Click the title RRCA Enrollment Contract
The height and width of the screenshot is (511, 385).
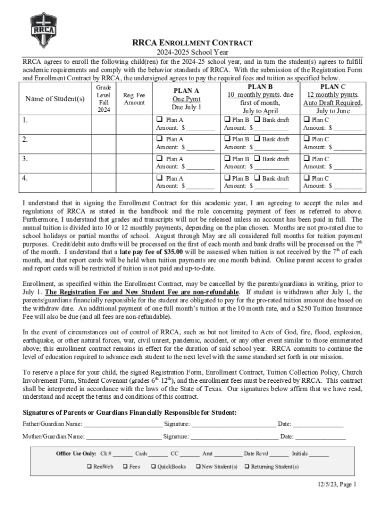(x=192, y=43)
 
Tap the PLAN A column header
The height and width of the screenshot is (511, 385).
(x=186, y=91)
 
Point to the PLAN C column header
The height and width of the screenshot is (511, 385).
(x=332, y=87)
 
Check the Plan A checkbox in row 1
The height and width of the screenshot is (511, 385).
(x=159, y=120)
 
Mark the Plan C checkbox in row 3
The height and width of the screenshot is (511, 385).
(x=306, y=159)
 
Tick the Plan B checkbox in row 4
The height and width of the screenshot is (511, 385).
(x=227, y=178)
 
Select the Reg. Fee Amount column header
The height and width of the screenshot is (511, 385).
(x=134, y=98)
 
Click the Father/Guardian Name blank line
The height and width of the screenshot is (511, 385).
(x=122, y=425)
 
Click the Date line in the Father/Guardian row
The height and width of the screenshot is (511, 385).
(x=318, y=425)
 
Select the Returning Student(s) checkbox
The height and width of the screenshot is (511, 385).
(x=246, y=467)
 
